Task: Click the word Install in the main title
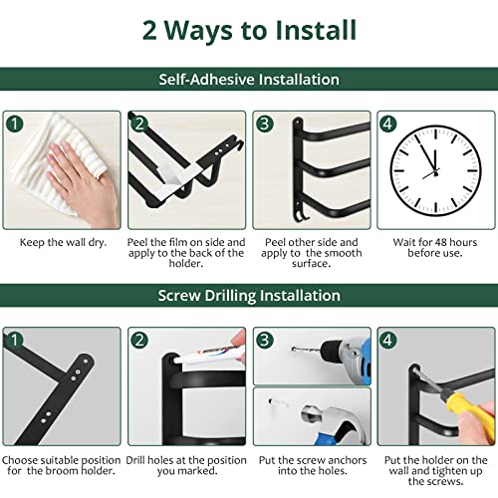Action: point(316,30)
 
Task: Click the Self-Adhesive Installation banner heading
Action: point(249,80)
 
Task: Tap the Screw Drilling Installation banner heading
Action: point(249,296)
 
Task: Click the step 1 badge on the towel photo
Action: point(15,124)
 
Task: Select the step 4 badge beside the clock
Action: point(387,124)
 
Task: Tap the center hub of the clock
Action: point(435,172)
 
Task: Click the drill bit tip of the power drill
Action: point(294,349)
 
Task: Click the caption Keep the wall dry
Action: point(63,242)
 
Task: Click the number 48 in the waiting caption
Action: point(449,242)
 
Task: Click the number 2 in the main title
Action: point(149,31)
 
